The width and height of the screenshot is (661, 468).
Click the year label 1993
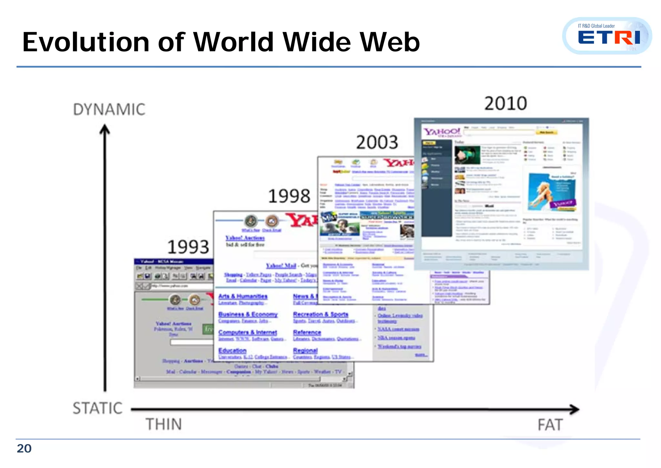coord(188,247)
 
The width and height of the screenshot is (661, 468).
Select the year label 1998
coord(289,196)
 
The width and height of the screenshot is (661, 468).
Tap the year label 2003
coord(377,143)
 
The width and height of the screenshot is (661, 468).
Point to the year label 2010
coord(506,104)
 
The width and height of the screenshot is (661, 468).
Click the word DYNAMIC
coord(109,110)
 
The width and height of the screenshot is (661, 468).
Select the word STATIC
coord(97,408)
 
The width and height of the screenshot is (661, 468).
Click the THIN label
coord(164,424)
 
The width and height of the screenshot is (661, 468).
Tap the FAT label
coord(550,425)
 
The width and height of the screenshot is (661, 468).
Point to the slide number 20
coord(24,449)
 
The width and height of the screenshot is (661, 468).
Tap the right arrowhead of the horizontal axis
coord(574,409)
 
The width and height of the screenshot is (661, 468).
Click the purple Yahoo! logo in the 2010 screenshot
coord(442,132)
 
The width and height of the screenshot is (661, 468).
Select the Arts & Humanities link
coord(243,296)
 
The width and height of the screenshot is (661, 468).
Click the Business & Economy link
coord(248,314)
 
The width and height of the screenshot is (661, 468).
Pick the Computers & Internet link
coord(248,332)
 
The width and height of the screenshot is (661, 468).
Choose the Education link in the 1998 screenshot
coord(232,350)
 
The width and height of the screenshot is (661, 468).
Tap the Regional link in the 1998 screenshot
coord(305,350)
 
